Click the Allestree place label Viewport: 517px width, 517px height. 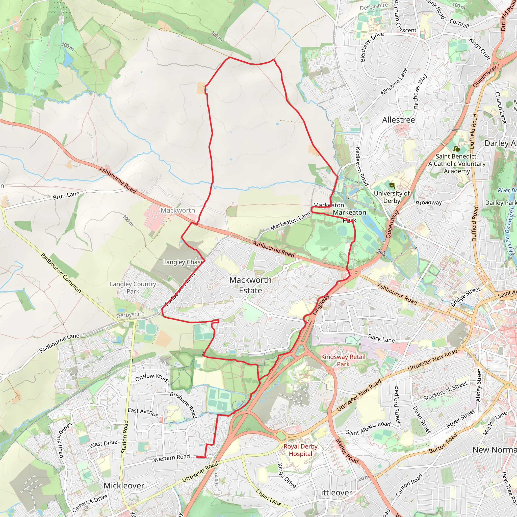pyautogui.click(x=398, y=120)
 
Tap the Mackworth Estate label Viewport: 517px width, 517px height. pyautogui.click(x=250, y=285)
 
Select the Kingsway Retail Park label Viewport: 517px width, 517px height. pyautogui.click(x=343, y=360)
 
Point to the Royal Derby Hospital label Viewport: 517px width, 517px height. pyautogui.click(x=300, y=450)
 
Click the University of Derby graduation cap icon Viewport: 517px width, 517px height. pyautogui.click(x=392, y=186)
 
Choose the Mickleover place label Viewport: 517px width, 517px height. pyautogui.click(x=124, y=485)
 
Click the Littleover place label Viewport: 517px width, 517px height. pyautogui.click(x=334, y=492)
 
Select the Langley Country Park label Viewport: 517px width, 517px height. pyautogui.click(x=133, y=288)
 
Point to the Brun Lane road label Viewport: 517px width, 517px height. pyautogui.click(x=66, y=196)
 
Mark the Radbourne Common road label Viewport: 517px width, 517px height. pyautogui.click(x=61, y=273)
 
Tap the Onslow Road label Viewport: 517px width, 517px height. pyautogui.click(x=151, y=377)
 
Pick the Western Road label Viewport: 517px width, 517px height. pyautogui.click(x=171, y=458)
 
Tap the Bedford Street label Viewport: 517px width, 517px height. pyautogui.click(x=397, y=405)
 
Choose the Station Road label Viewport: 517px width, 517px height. pyautogui.click(x=125, y=437)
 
